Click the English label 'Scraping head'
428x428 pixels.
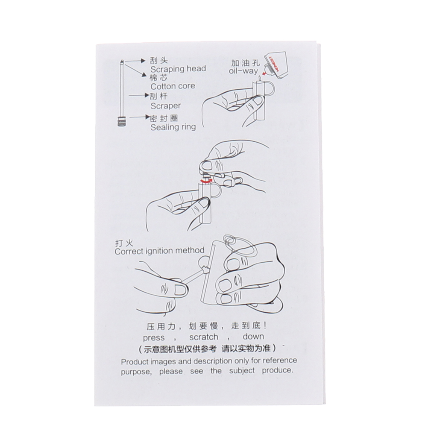pos(178,69)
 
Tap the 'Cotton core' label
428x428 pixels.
pos(173,87)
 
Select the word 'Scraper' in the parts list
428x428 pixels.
pos(166,106)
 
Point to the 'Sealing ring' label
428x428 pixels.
pos(173,127)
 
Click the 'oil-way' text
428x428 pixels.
pos(243,71)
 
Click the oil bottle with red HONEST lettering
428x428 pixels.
pos(275,65)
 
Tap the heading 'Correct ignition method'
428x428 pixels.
pos(159,251)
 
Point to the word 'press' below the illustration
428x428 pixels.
pos(154,338)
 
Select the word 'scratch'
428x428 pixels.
pos(204,337)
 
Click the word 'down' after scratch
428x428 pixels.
pos(253,336)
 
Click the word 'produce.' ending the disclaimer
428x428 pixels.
pos(278,371)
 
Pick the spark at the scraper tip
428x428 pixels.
pos(205,269)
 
